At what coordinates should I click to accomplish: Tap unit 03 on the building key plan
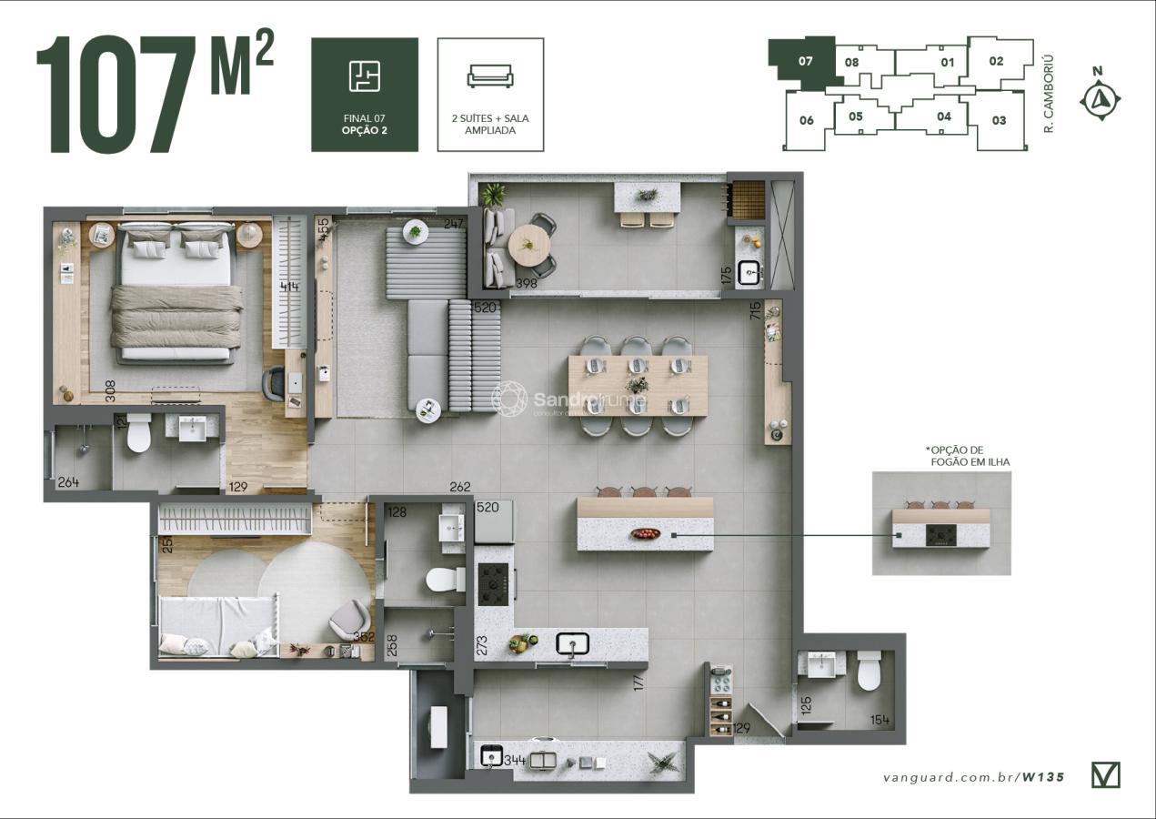999,120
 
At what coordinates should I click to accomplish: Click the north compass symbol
1101,98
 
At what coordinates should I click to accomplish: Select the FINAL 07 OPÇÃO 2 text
365,124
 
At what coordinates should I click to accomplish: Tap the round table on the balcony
528,243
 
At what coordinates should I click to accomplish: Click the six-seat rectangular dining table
638,385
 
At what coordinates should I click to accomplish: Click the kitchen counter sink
573,644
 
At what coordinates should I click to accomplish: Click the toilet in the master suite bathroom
138,433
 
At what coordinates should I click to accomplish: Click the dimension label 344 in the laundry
516,759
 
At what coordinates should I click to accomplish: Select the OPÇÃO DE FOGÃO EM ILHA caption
970,456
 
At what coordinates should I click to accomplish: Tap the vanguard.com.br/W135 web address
973,777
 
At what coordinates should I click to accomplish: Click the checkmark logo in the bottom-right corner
1105,774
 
